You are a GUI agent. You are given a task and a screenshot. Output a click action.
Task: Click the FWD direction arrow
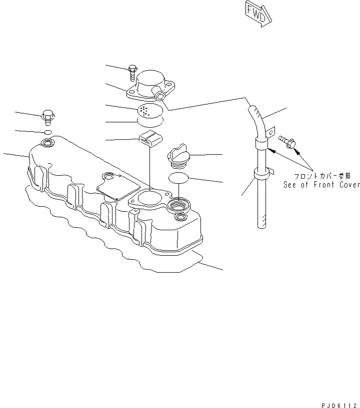point(256,11)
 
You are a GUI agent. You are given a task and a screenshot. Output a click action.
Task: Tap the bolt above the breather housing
point(132,73)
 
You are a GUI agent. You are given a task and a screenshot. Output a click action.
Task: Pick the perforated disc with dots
point(149,109)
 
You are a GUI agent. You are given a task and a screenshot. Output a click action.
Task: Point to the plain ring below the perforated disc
point(149,121)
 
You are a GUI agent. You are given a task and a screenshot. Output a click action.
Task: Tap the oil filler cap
point(177,155)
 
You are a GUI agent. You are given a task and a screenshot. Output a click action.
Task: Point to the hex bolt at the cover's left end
point(47,117)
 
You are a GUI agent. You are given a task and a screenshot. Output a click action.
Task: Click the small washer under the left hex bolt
point(47,132)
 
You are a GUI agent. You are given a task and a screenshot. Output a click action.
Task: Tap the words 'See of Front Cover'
point(321,185)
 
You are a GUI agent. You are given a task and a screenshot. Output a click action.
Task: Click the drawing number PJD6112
point(338,404)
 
